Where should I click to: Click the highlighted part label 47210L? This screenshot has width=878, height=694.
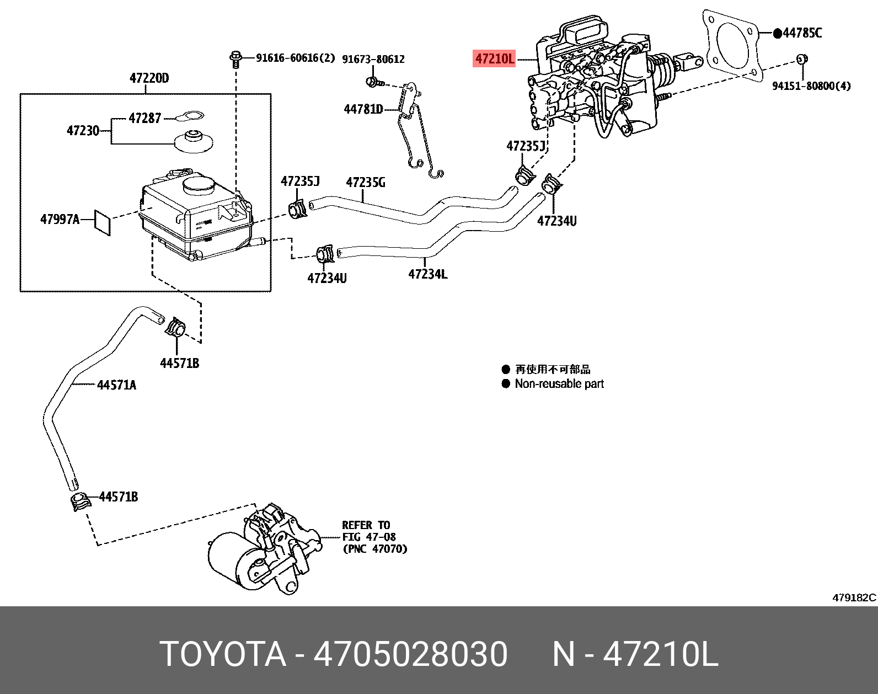tap(495, 58)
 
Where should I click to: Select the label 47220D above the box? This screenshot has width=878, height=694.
tap(149, 78)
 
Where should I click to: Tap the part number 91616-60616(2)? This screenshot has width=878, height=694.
tap(295, 57)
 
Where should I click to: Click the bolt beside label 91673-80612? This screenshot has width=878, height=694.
tap(373, 83)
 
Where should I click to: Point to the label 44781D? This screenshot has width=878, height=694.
tap(363, 109)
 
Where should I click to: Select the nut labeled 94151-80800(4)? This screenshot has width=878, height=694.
tap(802, 58)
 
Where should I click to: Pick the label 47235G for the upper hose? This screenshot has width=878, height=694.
tap(365, 182)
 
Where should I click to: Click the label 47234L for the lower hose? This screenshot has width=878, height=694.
tap(427, 274)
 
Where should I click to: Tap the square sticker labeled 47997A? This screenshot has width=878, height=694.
tap(102, 221)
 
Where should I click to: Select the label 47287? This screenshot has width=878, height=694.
tap(144, 118)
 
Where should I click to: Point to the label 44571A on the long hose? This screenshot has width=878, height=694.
tap(116, 385)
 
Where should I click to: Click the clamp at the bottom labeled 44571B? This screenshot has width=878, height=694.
tap(80, 502)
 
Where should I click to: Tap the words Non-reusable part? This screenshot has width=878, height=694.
tap(559, 383)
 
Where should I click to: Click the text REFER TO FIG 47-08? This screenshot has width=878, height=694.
tap(368, 531)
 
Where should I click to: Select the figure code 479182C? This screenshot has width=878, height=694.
tap(853, 597)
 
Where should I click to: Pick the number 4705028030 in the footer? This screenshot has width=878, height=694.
tap(410, 654)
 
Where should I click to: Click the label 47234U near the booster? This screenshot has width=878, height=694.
tap(556, 221)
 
